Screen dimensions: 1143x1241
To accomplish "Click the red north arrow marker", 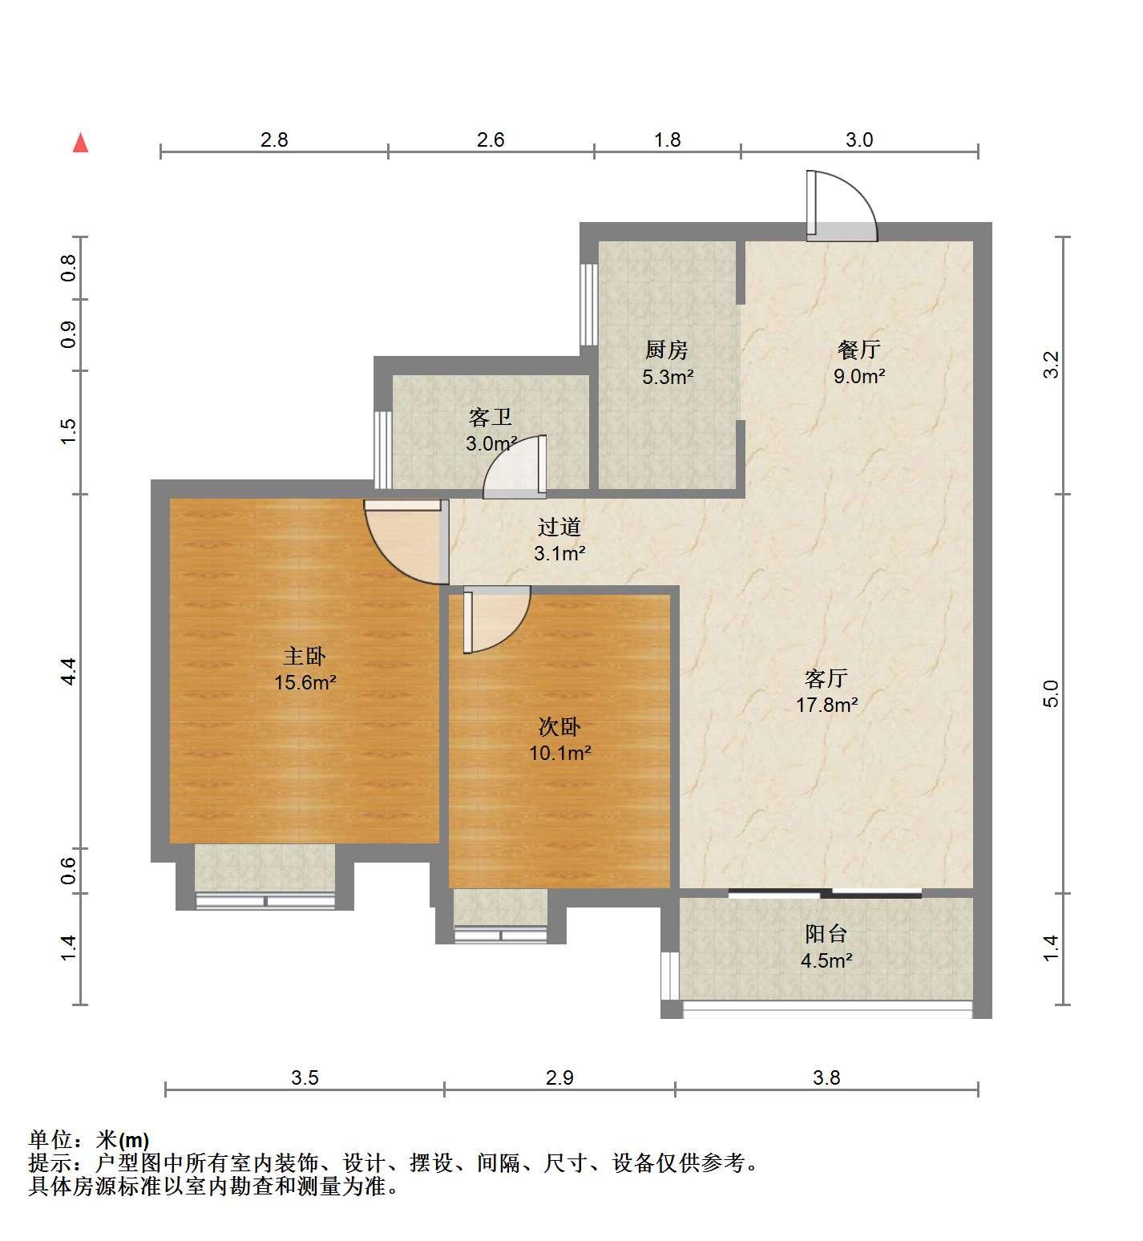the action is click(80, 144).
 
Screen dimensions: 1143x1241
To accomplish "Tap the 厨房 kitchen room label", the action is click(667, 350).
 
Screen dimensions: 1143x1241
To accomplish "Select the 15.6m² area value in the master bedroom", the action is click(305, 683).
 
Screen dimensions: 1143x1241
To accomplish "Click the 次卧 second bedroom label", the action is click(559, 727).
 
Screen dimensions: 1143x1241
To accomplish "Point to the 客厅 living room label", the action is click(826, 679).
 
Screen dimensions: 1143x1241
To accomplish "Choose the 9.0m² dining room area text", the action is click(859, 376).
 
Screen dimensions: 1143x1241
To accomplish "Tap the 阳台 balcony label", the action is click(826, 934).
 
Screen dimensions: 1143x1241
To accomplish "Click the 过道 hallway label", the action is click(559, 528).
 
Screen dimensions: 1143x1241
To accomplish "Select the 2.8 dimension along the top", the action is click(274, 139).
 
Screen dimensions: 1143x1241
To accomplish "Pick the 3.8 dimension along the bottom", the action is click(826, 1077).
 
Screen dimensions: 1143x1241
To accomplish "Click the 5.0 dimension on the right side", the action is click(1052, 693).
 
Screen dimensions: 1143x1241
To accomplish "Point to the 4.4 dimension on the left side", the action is click(69, 671).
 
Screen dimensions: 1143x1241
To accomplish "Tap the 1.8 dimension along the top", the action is click(667, 139).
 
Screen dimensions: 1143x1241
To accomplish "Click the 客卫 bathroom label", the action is click(490, 418).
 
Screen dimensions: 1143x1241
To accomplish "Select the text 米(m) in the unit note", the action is click(123, 1139).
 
